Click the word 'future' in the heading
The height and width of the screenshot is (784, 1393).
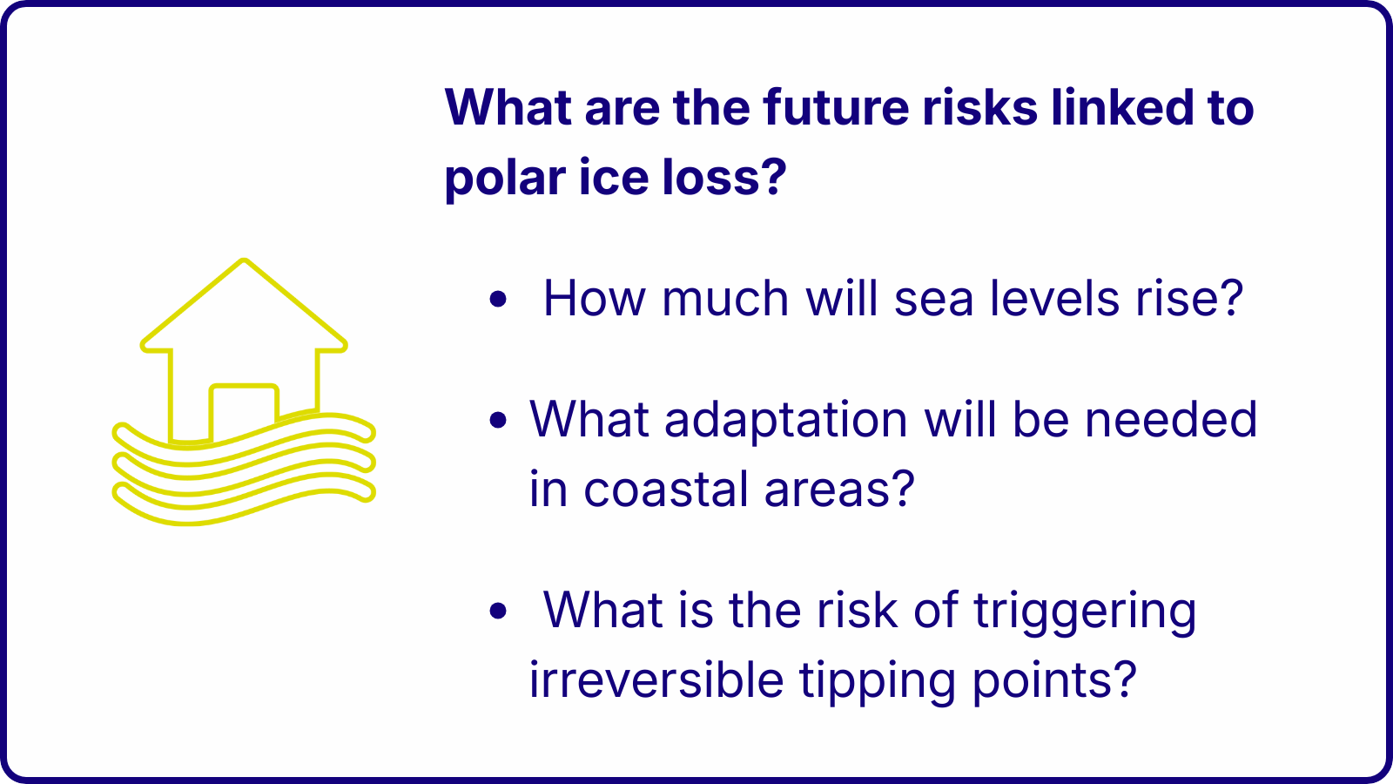coord(836,107)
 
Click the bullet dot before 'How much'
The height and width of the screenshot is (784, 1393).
coord(498,299)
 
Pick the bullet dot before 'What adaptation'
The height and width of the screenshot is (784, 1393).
coord(498,420)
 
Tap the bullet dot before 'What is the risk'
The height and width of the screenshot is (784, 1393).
coord(498,611)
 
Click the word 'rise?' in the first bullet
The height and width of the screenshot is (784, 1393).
coord(1189,298)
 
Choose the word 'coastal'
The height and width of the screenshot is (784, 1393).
coord(665,489)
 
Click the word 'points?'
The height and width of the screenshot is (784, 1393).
coord(1054,680)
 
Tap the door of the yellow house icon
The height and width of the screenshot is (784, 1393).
coord(244,410)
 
